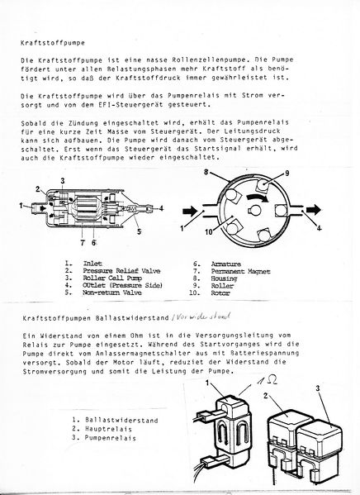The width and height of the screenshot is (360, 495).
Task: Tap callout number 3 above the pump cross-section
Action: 62,180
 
